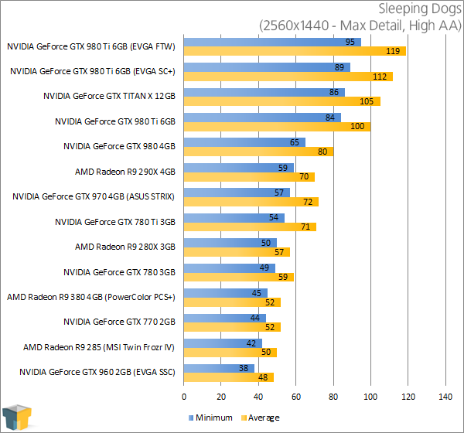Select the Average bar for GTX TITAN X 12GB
click(x=282, y=101)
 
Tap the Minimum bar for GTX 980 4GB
click(x=244, y=141)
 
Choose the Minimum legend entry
click(x=210, y=418)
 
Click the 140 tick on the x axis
click(x=445, y=397)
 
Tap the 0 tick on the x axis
click(x=184, y=397)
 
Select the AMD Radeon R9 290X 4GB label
click(x=125, y=171)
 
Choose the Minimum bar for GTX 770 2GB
click(x=225, y=318)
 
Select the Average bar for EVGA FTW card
click(x=295, y=51)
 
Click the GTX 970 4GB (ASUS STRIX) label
click(x=94, y=196)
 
